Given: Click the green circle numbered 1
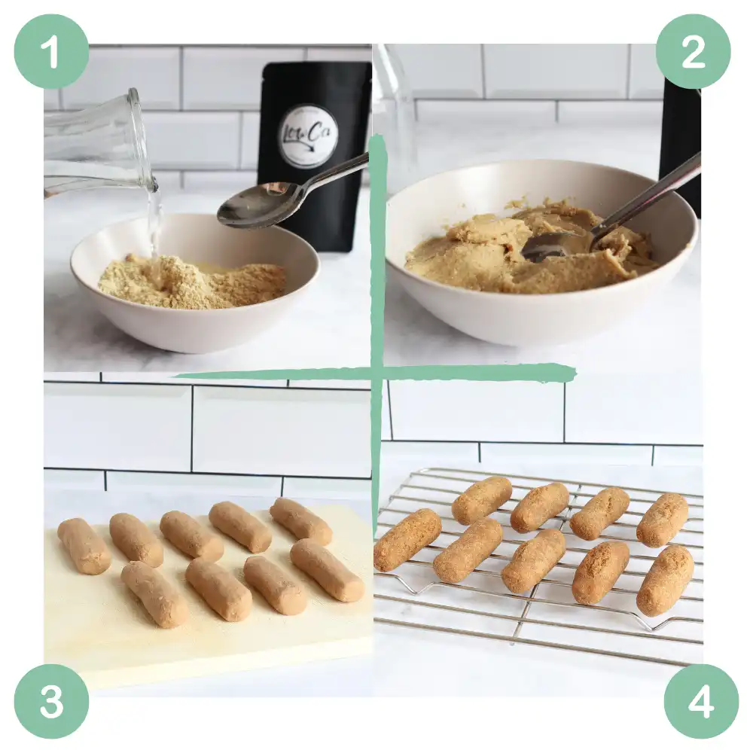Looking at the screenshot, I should coord(51,51).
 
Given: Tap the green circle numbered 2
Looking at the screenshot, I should coord(693,51).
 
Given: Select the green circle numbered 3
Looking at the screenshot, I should coord(51,701).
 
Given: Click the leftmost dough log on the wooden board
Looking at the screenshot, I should coord(84,546).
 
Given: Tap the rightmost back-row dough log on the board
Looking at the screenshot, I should coord(300,521).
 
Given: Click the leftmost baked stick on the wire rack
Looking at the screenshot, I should coord(407,539).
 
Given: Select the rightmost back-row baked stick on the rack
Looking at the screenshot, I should coord(663,520).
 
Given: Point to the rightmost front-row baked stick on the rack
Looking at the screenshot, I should coord(665,581).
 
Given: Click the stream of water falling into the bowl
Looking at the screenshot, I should coord(154,218).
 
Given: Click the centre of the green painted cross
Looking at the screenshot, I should coord(376,373).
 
